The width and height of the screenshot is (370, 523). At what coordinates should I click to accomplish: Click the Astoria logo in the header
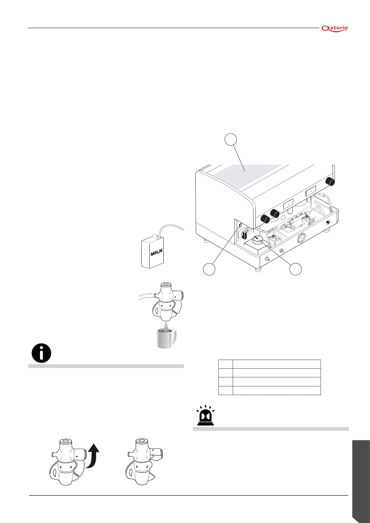pyautogui.click(x=335, y=28)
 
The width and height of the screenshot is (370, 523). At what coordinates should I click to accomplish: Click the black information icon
pyautogui.click(x=41, y=353)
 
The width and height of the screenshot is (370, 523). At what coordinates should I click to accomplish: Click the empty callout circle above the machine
pyautogui.click(x=231, y=139)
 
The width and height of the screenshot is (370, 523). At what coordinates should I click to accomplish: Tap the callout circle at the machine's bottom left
pyautogui.click(x=209, y=269)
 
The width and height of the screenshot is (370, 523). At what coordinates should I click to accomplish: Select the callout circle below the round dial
pyautogui.click(x=295, y=269)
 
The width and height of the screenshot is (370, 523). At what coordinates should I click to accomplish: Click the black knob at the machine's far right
pyautogui.click(x=330, y=181)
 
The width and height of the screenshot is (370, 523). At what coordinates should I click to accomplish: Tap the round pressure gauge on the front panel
pyautogui.click(x=301, y=239)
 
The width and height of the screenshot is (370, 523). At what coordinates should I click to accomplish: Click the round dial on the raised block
pyautogui.click(x=257, y=240)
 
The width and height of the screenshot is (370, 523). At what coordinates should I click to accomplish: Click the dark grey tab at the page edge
pyautogui.click(x=361, y=478)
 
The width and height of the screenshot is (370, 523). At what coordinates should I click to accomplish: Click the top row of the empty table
pyautogui.click(x=269, y=364)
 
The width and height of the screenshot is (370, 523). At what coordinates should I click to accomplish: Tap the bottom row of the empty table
pyautogui.click(x=269, y=390)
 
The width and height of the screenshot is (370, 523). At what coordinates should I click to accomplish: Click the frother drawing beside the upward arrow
pyautogui.click(x=67, y=461)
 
